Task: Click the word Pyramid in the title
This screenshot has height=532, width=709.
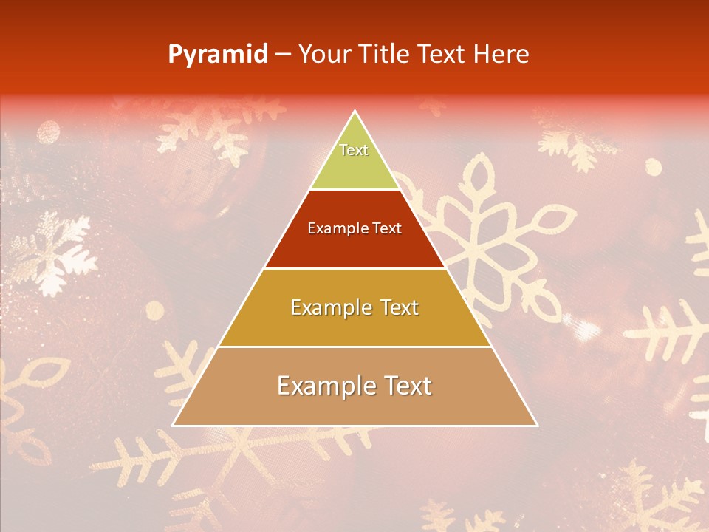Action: pyautogui.click(x=217, y=55)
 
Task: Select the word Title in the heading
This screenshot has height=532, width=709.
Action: pyautogui.click(x=385, y=54)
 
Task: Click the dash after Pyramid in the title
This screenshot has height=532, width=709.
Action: pyautogui.click(x=283, y=55)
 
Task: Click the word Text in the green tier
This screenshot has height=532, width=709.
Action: pyautogui.click(x=354, y=150)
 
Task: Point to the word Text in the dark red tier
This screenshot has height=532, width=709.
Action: pyautogui.click(x=388, y=228)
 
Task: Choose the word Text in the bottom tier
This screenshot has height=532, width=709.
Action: pyautogui.click(x=408, y=386)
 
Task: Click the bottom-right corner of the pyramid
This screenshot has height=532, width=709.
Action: pyautogui.click(x=536, y=425)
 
